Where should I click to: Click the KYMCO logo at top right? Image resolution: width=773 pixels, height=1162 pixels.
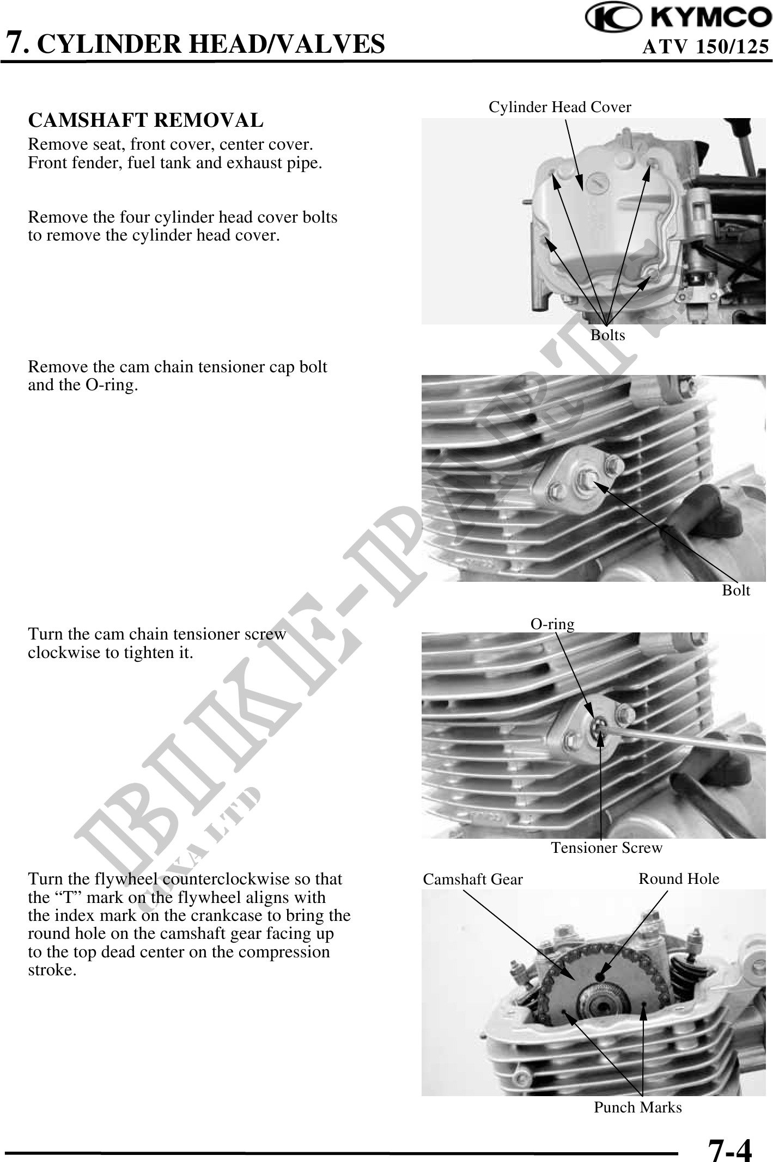[x=678, y=18]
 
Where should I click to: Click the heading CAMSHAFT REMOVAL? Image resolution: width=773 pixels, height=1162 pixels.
[x=145, y=120]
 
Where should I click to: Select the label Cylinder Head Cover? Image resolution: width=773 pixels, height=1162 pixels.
[x=559, y=107]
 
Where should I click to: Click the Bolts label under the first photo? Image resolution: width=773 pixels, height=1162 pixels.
[x=607, y=335]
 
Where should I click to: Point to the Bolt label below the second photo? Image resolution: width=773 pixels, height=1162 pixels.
[x=735, y=591]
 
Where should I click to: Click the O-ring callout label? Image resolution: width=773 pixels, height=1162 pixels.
[x=552, y=624]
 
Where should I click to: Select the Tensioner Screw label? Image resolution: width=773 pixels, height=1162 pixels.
[x=606, y=848]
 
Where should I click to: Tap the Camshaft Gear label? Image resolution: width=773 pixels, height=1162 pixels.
[x=472, y=880]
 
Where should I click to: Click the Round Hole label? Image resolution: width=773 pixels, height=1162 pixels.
[x=678, y=879]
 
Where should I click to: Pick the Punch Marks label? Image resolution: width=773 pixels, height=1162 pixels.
[x=637, y=1108]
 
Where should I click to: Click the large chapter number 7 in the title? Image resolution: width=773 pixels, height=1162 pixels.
[x=16, y=42]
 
